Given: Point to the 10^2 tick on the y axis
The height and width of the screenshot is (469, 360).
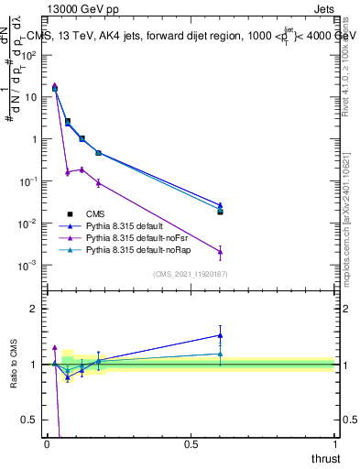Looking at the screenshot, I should [x=30, y=54].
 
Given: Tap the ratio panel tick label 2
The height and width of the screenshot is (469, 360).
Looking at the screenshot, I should [x=34, y=309].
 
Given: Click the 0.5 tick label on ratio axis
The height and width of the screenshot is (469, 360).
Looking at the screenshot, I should [x=30, y=420].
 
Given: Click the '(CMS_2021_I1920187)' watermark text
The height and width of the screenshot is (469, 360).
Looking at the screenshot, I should [x=191, y=274].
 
